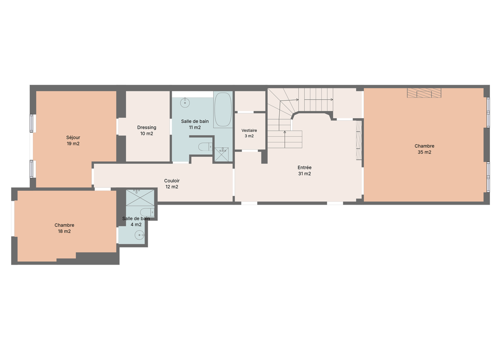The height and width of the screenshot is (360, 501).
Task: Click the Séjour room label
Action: pos(73,137)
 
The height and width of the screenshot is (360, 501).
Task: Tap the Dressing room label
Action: pos(147,127)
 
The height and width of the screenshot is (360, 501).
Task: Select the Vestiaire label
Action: pos(249,130)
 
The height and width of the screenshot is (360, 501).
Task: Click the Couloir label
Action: pos(172,181)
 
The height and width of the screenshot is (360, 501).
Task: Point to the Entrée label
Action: pos(304,167)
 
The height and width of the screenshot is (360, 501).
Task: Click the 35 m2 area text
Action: pos(424,152)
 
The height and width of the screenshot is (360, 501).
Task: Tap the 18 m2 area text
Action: pos(64,231)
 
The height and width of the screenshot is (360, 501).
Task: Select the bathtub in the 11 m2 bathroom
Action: pos(223,109)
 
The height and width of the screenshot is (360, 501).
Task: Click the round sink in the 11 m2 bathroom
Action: pos(185,103)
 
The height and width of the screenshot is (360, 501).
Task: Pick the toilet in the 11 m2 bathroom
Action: pos(205,147)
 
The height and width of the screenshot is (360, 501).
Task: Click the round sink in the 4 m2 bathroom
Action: pos(139,235)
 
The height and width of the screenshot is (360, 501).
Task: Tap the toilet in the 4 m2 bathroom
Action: pos(147,212)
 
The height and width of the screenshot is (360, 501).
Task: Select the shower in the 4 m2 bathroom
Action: pos(140,198)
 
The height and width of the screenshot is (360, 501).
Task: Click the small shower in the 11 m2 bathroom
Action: pos(221,154)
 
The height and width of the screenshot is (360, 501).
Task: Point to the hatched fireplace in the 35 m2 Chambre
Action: pos(424,93)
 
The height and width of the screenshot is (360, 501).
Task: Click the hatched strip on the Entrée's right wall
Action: pos(359,140)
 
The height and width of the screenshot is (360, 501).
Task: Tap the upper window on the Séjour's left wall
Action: pos(31,123)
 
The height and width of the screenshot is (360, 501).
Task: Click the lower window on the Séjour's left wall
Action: pos(31,169)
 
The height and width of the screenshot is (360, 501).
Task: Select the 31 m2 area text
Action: pos(304,173)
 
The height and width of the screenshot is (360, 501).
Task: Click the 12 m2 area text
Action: pos(172,187)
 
